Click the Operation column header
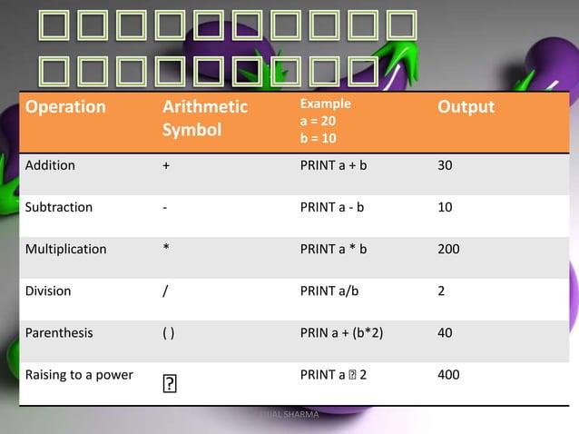[66, 107]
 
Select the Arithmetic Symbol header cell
[204, 118]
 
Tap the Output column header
[466, 107]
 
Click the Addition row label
[51, 166]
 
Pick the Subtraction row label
[59, 207]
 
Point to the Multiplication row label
[65, 249]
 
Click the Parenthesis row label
[59, 332]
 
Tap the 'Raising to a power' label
[80, 374]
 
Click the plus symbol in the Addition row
[166, 166]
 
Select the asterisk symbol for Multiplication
[166, 249]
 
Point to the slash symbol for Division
[166, 292]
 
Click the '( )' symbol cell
[169, 332]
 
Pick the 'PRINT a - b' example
[332, 207]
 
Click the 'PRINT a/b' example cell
[329, 292]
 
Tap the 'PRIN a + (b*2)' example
[341, 332]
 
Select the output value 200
[448, 249]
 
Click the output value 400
[448, 374]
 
